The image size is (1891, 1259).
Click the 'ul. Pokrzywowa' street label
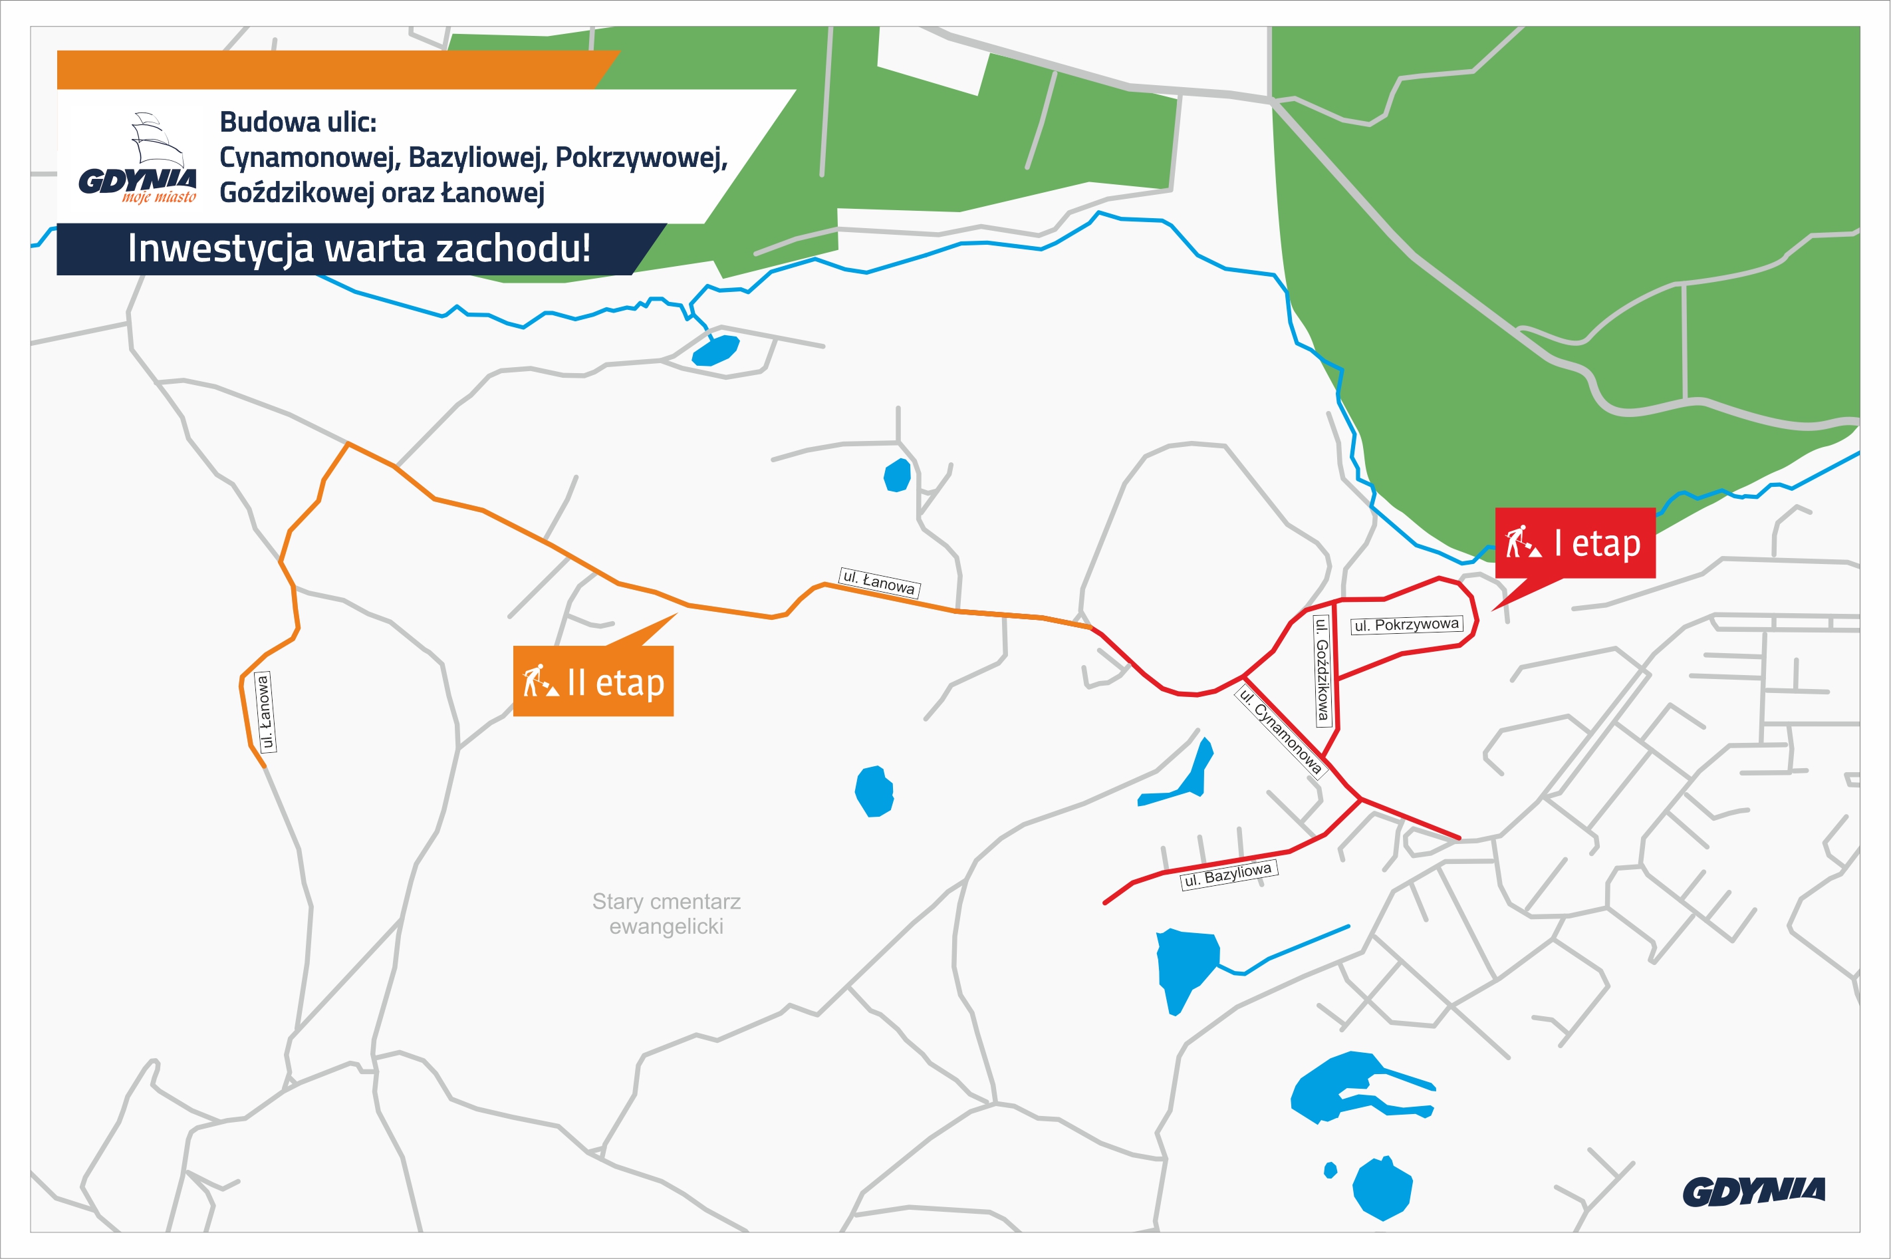pos(1406,625)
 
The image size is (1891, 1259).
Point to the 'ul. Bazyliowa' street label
pos(1228,875)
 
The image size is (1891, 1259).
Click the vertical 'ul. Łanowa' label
pos(264,713)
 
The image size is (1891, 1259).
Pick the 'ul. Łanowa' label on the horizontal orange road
pos(879,581)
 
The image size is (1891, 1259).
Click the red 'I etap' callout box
pos(1575,543)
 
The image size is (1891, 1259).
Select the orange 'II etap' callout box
pos(593,681)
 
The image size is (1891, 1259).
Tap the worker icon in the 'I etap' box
pos(1522,541)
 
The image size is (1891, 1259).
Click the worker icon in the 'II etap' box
pos(540,681)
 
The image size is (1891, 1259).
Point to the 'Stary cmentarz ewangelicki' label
pos(666,914)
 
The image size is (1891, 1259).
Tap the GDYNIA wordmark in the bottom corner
pos(1754,1192)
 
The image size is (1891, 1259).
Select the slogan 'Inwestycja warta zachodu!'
pos(359,248)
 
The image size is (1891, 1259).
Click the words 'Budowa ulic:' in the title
pos(298,122)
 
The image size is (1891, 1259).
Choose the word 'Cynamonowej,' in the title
pos(309,158)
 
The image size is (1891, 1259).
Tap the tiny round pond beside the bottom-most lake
pos(1330,1170)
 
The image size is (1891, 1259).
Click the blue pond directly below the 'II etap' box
pos(874,791)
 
